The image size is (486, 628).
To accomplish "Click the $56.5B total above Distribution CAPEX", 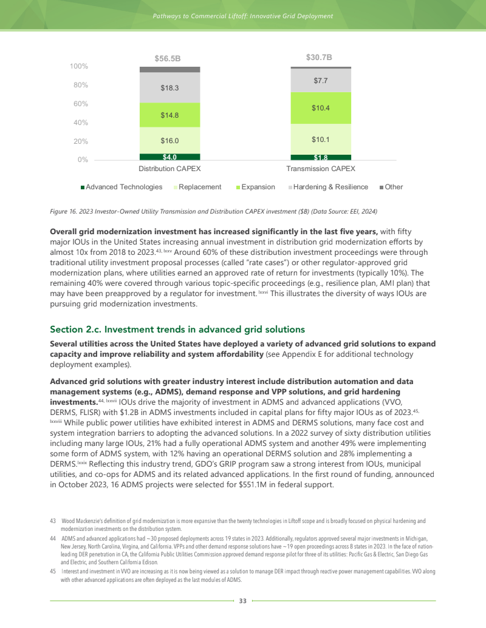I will pyautogui.click(x=169, y=59).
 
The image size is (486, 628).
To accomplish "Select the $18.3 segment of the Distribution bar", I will pyautogui.click(x=169, y=88).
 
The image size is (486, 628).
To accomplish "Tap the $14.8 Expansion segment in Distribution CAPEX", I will pyautogui.click(x=169, y=114).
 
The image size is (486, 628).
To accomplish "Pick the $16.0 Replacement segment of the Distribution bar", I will pyautogui.click(x=169, y=140).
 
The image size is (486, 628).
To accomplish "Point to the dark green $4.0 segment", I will pyautogui.click(x=169, y=157).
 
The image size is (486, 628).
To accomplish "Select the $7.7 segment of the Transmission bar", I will pyautogui.click(x=321, y=80).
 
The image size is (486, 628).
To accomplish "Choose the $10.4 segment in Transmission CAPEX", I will pyautogui.click(x=321, y=108).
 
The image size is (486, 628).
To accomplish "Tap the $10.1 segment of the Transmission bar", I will pyautogui.click(x=321, y=140).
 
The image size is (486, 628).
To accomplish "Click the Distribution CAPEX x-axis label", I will pyautogui.click(x=169, y=168).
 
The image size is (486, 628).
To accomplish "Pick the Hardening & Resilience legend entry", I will pyautogui.click(x=330, y=187).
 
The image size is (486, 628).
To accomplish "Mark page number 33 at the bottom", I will pyautogui.click(x=242, y=601).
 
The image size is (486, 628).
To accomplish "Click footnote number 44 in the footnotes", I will pyautogui.click(x=53, y=538).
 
